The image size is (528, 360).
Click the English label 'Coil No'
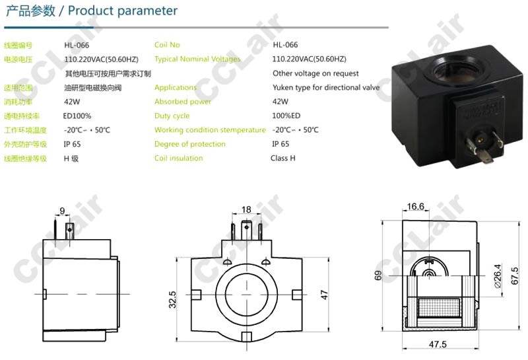tap(166, 45)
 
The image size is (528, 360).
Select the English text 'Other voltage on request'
tap(315, 73)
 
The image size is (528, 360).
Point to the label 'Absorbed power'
tap(183, 102)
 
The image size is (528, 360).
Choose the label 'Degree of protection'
tap(189, 144)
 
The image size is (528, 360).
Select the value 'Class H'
tap(283, 158)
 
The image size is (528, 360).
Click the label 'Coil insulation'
tap(178, 158)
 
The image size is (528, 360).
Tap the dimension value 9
tap(62, 211)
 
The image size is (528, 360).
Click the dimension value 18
tap(247, 209)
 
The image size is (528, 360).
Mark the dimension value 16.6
tap(416, 207)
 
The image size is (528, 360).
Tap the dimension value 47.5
tap(438, 344)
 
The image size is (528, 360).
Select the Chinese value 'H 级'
tap(71, 158)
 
